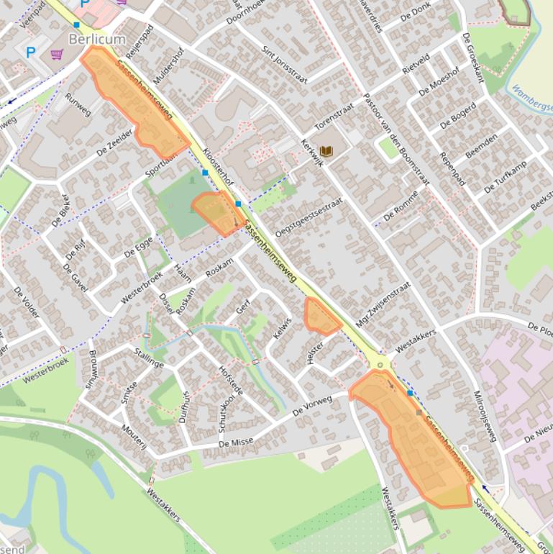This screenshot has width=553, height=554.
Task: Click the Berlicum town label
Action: click(97, 39)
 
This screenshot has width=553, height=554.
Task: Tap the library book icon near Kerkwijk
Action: click(326, 151)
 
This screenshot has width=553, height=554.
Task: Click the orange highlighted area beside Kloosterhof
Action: click(216, 211)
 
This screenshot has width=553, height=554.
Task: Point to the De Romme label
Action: click(401, 210)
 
